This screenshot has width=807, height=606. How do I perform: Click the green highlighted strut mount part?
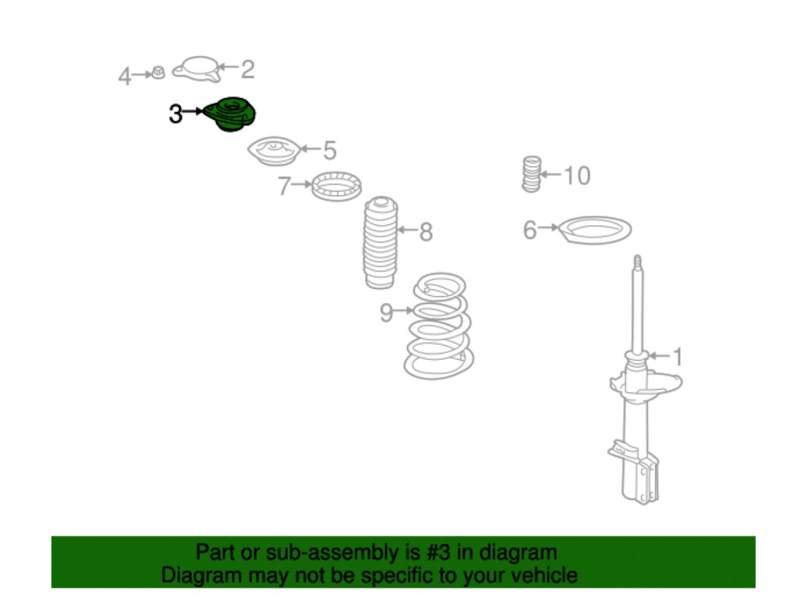pyautogui.click(x=230, y=114)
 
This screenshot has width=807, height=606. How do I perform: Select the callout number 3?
pyautogui.click(x=175, y=114)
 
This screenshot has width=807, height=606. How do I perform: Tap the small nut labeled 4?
pyautogui.click(x=158, y=73)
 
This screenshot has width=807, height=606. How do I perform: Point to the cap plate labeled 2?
pyautogui.click(x=197, y=69)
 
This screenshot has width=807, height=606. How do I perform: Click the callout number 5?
pyautogui.click(x=330, y=150)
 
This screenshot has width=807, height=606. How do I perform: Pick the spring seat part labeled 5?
pyautogui.click(x=274, y=151)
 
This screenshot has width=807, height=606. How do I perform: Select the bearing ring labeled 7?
pyautogui.click(x=336, y=186)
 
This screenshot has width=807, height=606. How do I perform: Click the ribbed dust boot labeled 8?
pyautogui.click(x=380, y=242)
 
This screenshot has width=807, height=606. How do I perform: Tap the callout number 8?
pyautogui.click(x=426, y=232)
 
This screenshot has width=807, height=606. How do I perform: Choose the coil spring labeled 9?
pyautogui.click(x=439, y=326)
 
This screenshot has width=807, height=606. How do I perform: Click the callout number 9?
pyautogui.click(x=386, y=313)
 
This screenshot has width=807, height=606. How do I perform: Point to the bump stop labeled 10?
pyautogui.click(x=531, y=174)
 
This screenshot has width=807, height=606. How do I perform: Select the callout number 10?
pyautogui.click(x=577, y=175)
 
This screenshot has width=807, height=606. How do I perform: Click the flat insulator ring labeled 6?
pyautogui.click(x=594, y=230)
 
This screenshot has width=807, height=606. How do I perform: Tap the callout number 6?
pyautogui.click(x=530, y=230)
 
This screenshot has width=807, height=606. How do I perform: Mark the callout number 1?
pyautogui.click(x=677, y=357)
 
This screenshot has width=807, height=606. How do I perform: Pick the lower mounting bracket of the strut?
pyautogui.click(x=633, y=473)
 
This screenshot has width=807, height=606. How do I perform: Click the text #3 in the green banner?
pyautogui.click(x=438, y=552)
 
